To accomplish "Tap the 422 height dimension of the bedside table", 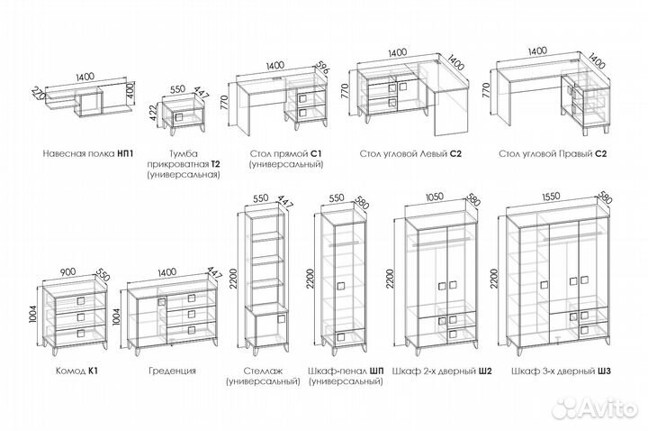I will tap(154, 113).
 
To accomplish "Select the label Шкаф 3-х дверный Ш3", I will tap(560, 371).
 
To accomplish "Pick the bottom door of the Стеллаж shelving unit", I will tap(266, 327).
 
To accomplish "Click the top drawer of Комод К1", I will tap(79, 299).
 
